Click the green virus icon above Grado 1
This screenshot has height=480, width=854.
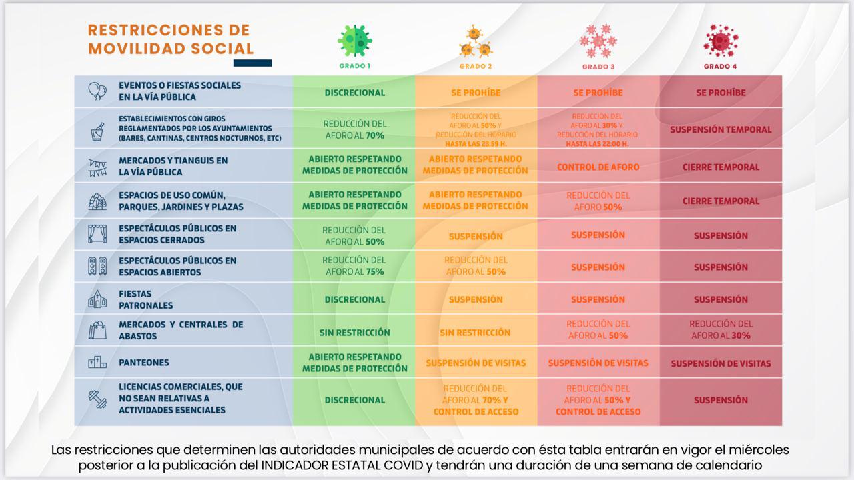click(x=354, y=40)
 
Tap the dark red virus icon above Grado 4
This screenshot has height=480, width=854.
click(x=720, y=41)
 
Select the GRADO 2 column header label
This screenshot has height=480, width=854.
click(x=476, y=67)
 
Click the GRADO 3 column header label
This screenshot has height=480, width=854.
click(x=598, y=67)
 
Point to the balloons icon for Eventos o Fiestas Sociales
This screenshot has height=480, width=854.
click(x=97, y=91)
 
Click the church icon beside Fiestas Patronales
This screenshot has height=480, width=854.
click(x=97, y=299)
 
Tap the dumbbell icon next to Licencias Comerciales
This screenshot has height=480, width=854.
click(x=97, y=399)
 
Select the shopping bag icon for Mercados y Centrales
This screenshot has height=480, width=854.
click(x=97, y=331)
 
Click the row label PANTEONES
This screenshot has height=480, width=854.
click(x=143, y=363)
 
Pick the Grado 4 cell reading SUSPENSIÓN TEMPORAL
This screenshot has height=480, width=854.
click(x=721, y=129)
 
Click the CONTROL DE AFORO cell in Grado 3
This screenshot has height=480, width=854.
click(x=598, y=167)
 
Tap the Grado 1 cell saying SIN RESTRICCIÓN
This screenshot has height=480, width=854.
click(x=354, y=332)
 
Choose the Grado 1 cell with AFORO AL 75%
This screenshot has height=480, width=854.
click(x=354, y=266)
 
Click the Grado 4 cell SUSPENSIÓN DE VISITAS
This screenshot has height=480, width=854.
click(x=721, y=363)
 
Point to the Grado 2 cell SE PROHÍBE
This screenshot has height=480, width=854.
click(x=476, y=93)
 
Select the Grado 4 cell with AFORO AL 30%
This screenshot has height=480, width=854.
click(x=721, y=329)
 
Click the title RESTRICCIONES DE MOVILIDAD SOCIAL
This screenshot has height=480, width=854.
click(x=170, y=39)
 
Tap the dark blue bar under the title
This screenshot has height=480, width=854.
click(x=252, y=63)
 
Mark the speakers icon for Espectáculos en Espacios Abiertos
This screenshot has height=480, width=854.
click(x=97, y=266)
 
